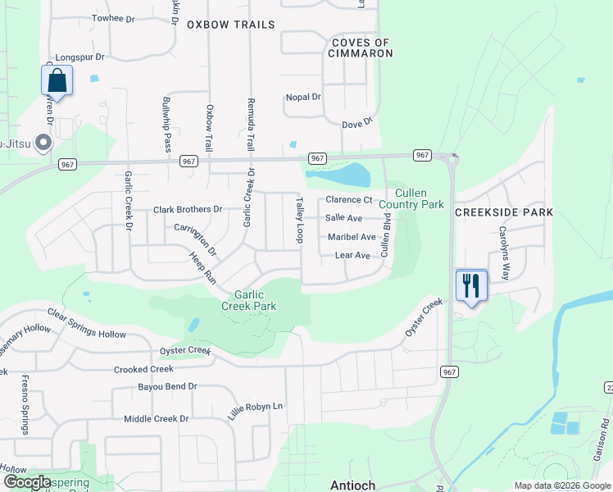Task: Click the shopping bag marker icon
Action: pos(57,80)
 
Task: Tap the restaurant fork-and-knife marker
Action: pos(471,285)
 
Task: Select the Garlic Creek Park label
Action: pos(255,300)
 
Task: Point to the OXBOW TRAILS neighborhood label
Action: pos(231,25)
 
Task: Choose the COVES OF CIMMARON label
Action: pos(361,48)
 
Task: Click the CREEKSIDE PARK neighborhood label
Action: pos(504,212)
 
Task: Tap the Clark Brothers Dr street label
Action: pos(188,210)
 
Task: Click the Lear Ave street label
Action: pos(352,256)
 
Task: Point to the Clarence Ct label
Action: pos(348,200)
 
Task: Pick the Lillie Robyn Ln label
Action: pos(255,407)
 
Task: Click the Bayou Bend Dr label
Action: pos(168,386)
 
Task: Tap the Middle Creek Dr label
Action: pos(156,419)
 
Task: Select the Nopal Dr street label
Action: pos(302,97)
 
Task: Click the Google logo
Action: pos(27,482)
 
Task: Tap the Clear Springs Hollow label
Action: pos(89,325)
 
